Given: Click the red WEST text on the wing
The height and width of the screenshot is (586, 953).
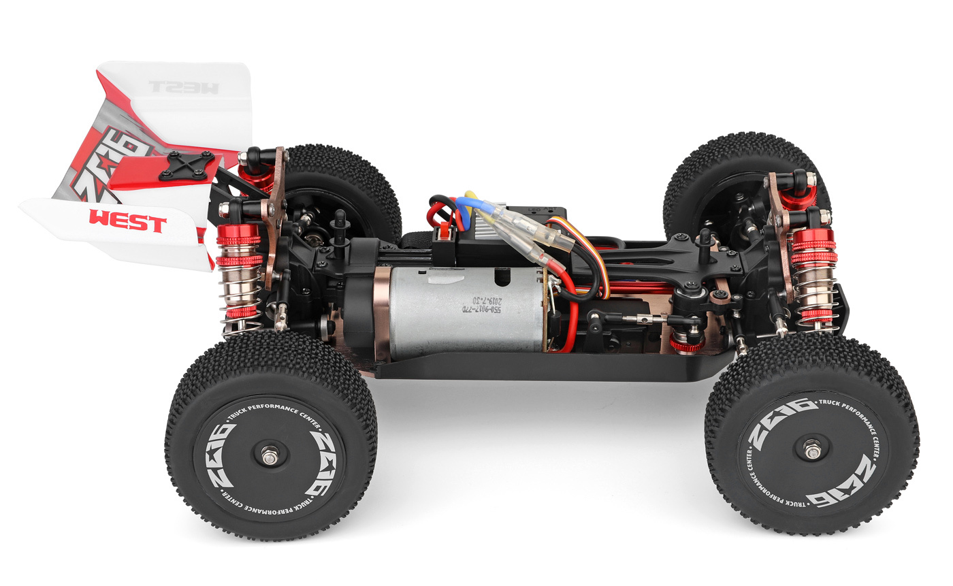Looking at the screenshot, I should click(127, 221).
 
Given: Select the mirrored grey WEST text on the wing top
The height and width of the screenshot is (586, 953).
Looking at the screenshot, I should click(183, 87).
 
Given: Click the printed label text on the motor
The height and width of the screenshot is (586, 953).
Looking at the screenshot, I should click(470, 302).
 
